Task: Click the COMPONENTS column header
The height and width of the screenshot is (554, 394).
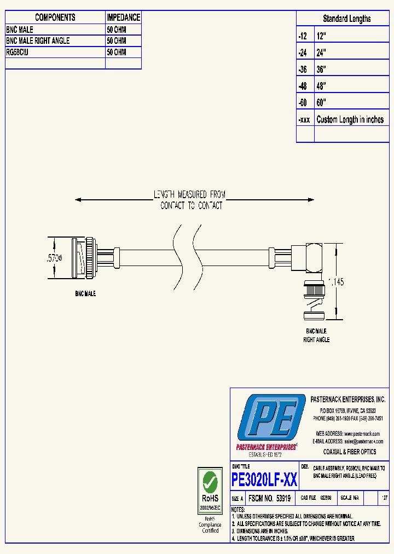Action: tap(55, 18)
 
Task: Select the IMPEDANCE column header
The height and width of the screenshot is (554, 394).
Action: tap(123, 18)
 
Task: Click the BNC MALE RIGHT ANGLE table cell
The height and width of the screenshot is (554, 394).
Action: tap(38, 41)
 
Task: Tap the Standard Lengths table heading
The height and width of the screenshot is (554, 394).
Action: tap(346, 19)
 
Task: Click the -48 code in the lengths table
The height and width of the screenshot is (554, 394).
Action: tap(303, 86)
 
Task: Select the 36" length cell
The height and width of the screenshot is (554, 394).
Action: tap(321, 70)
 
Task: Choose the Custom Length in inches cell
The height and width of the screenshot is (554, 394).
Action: tap(350, 119)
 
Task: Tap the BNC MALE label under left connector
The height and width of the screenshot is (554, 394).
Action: tap(85, 294)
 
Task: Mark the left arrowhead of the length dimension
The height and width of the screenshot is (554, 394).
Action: tap(78, 200)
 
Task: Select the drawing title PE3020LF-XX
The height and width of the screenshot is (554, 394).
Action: tap(264, 480)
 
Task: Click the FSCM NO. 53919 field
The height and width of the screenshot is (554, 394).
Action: tap(269, 499)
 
